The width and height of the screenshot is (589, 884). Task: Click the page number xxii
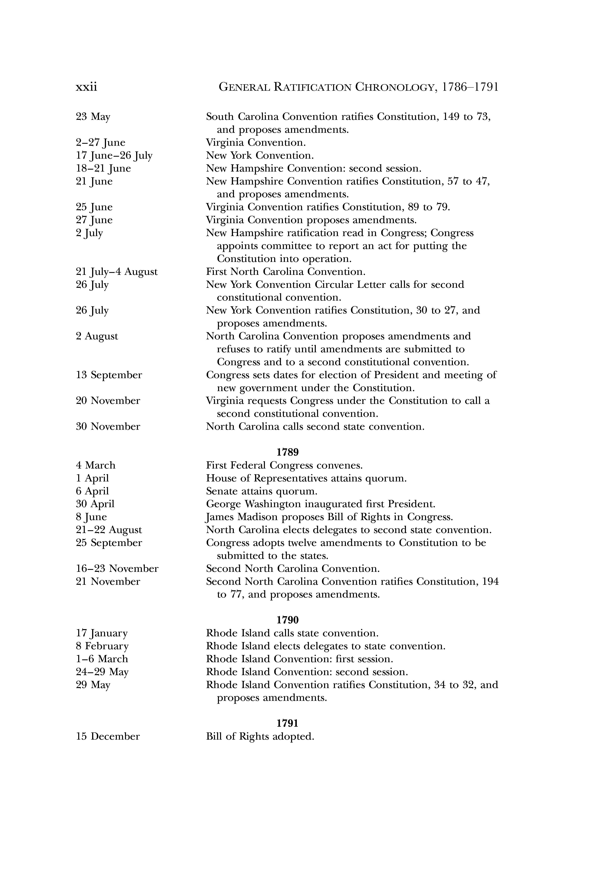point(86,87)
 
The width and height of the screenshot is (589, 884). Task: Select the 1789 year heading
point(287,452)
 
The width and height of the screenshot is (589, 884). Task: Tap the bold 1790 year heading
point(287,620)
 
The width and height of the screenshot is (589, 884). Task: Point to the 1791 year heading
point(287,723)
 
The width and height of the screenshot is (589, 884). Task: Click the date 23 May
point(93,117)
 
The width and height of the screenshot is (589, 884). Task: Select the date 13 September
point(109,375)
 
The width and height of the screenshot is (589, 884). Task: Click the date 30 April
point(95,504)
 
